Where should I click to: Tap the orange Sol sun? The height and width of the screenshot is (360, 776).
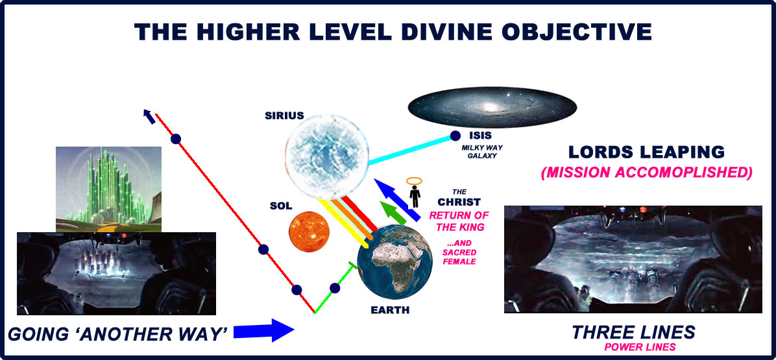tap(309, 232)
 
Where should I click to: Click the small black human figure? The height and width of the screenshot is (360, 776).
tap(415, 197)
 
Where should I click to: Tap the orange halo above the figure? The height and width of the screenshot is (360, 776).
tap(415, 181)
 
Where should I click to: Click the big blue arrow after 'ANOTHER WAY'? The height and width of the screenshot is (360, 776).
tap(264, 331)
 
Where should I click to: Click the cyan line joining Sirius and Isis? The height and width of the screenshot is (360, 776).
tap(412, 149)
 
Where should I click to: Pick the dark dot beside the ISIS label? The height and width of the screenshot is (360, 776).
tap(455, 136)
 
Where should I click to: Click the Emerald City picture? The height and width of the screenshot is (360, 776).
tap(108, 189)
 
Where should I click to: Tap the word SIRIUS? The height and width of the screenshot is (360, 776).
tap(284, 115)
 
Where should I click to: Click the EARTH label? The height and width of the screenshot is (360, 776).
tap(391, 311)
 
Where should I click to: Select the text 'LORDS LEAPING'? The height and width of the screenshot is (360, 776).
tap(646, 152)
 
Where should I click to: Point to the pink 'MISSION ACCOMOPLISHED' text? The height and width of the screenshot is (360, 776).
tap(646, 173)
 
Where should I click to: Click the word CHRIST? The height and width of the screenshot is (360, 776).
tap(459, 202)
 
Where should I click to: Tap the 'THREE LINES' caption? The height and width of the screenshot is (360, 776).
tap(633, 332)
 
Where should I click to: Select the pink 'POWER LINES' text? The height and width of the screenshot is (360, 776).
tap(633, 347)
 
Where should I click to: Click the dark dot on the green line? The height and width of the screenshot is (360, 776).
tap(335, 288)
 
